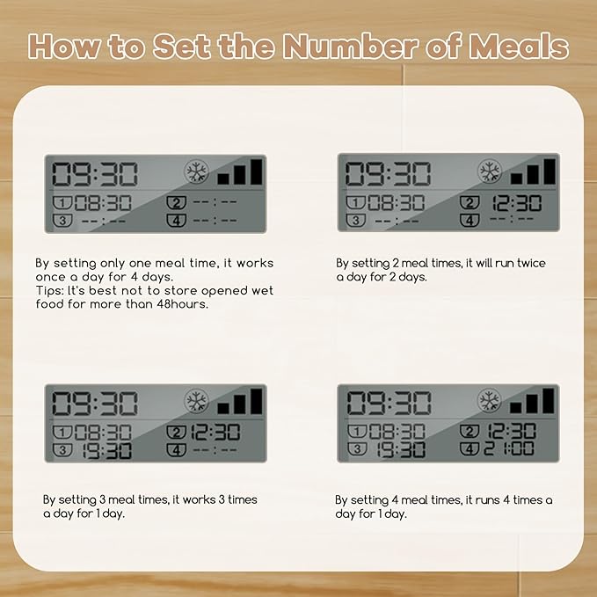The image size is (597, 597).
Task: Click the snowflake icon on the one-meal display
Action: (x=196, y=171)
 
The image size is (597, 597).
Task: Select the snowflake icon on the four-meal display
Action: (x=489, y=401)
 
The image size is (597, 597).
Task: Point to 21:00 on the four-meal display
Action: (x=509, y=448)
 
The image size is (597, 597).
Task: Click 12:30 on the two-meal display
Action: (x=516, y=203)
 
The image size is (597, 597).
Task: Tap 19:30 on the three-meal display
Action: (x=106, y=451)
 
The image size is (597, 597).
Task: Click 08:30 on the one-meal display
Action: (x=103, y=203)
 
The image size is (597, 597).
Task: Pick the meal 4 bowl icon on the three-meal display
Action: (x=176, y=450)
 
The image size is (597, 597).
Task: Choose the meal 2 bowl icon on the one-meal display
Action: (x=176, y=202)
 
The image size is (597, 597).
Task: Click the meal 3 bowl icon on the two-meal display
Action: (x=355, y=220)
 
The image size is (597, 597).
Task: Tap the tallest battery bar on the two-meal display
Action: (x=550, y=171)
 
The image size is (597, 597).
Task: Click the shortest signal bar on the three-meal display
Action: (x=223, y=409)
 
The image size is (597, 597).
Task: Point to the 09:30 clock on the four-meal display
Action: (x=389, y=403)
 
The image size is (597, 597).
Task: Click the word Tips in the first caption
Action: (x=49, y=291)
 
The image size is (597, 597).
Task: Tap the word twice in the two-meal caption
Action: (x=531, y=263)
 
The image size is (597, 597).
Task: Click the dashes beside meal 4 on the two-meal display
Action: (x=512, y=219)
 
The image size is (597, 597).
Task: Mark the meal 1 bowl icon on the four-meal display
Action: (x=357, y=432)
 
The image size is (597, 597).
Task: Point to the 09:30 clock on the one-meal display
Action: (x=94, y=174)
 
